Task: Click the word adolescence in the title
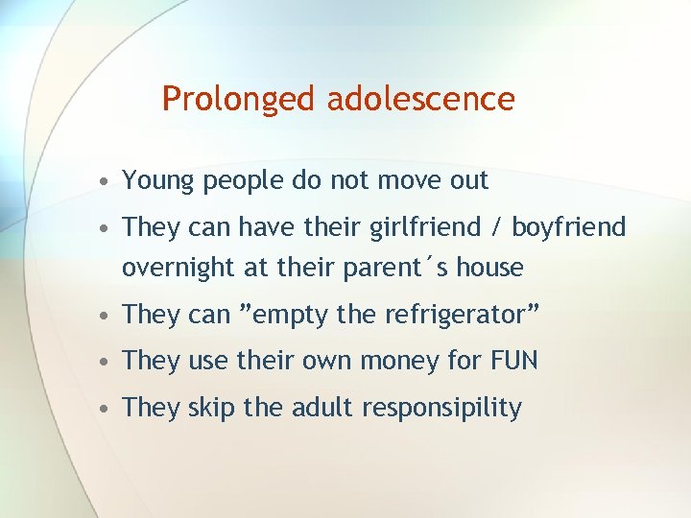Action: (421, 99)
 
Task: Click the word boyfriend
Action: (568, 227)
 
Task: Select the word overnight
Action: (179, 268)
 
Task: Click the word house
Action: (489, 268)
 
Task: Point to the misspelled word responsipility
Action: (441, 409)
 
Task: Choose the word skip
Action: (211, 409)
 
